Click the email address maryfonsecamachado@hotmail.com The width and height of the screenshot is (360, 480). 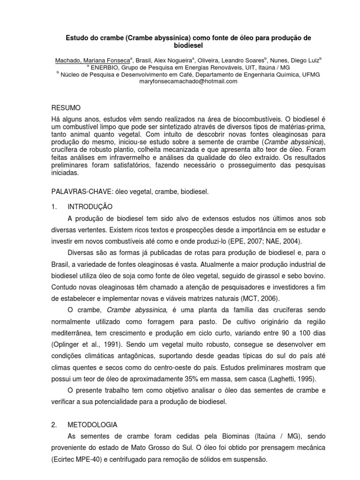tap(182, 81)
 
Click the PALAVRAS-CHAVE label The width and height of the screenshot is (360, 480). tap(82, 192)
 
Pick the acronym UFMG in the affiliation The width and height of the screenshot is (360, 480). tap(310, 74)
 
